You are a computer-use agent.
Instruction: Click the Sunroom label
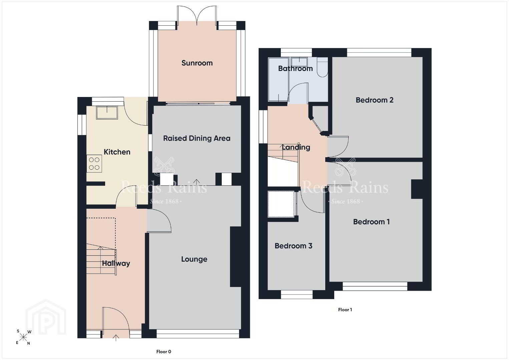[x=197, y=63]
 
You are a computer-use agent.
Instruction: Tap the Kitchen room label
[x=117, y=152]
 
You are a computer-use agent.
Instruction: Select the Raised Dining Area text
[x=197, y=138]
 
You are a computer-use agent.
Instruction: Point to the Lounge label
[x=194, y=259]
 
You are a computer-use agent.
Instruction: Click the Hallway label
[x=116, y=263]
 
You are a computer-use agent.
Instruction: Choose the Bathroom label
[x=296, y=68]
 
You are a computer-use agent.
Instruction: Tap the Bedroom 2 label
[x=375, y=100]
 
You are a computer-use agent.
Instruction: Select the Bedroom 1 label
[x=371, y=222]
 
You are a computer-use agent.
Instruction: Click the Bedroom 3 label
[x=293, y=246]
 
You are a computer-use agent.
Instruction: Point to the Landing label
[x=296, y=147]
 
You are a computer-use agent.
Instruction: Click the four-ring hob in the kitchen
[x=94, y=164]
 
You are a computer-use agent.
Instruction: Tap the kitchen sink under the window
[x=107, y=113]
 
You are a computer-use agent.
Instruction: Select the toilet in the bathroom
[x=323, y=67]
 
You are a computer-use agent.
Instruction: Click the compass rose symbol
[x=23, y=338]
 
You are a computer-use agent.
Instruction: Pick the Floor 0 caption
[x=163, y=352]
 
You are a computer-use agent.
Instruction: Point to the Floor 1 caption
[x=345, y=310]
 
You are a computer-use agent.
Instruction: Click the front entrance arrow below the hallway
[x=116, y=338]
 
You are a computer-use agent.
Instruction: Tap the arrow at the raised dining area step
[x=196, y=182]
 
